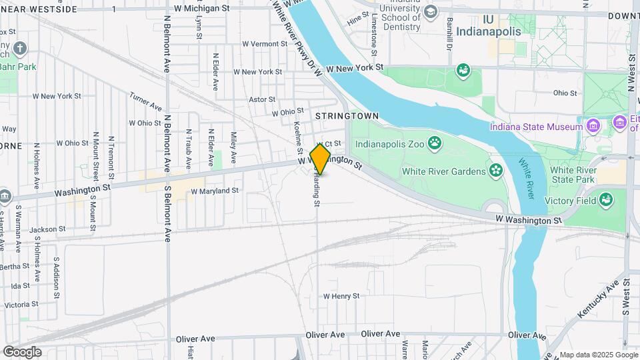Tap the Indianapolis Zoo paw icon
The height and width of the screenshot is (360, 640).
point(435,142)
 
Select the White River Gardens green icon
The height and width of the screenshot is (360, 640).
point(495,171)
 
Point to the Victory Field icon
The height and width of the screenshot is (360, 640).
point(605,199)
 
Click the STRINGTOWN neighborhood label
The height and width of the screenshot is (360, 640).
point(347,116)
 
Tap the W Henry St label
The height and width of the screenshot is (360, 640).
point(341,296)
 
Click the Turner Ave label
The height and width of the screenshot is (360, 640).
point(145,102)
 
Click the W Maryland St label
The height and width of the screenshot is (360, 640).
point(214,191)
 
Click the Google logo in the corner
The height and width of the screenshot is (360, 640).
point(21,351)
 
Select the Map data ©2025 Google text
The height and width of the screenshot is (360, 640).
point(598,355)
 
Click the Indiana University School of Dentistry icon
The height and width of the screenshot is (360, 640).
point(431,12)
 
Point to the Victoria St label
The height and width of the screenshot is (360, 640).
point(21,304)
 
